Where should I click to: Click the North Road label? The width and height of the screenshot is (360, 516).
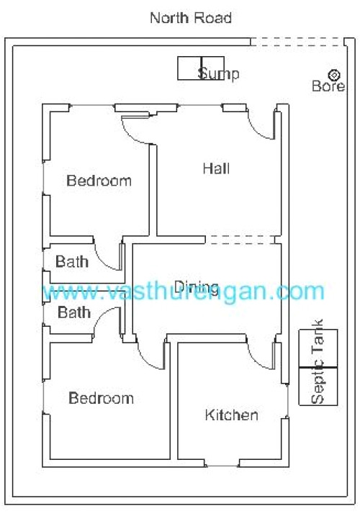click(191, 18)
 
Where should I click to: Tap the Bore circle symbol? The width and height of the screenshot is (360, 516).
click(333, 74)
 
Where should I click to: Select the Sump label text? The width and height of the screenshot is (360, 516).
click(219, 73)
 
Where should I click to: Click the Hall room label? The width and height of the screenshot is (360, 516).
click(216, 169)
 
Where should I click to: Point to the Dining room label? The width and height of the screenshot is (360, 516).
click(192, 284)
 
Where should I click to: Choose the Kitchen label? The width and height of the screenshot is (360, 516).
click(231, 415)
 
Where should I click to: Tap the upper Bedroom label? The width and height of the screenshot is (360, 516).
click(99, 180)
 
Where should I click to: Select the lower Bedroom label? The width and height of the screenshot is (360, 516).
click(101, 398)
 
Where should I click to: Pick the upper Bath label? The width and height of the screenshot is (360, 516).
click(72, 261)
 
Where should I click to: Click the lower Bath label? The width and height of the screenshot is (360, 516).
click(74, 312)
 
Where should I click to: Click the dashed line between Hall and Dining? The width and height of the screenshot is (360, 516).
click(241, 238)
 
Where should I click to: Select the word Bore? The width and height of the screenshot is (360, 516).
click(328, 86)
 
